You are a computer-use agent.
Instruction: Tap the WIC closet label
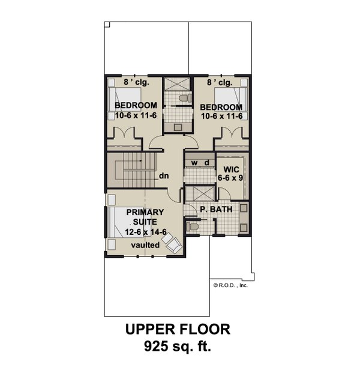pos(228,169)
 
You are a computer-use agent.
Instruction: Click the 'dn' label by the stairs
pos(163,177)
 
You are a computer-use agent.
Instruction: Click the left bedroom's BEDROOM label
pos(136,106)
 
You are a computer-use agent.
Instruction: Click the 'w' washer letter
pos(194,163)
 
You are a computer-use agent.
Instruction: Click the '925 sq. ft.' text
pos(178,347)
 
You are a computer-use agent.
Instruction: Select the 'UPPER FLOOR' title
pos(178,330)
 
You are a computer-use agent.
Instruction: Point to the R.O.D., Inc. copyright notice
pos(230,285)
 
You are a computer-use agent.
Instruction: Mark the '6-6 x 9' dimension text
pos(228,178)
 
